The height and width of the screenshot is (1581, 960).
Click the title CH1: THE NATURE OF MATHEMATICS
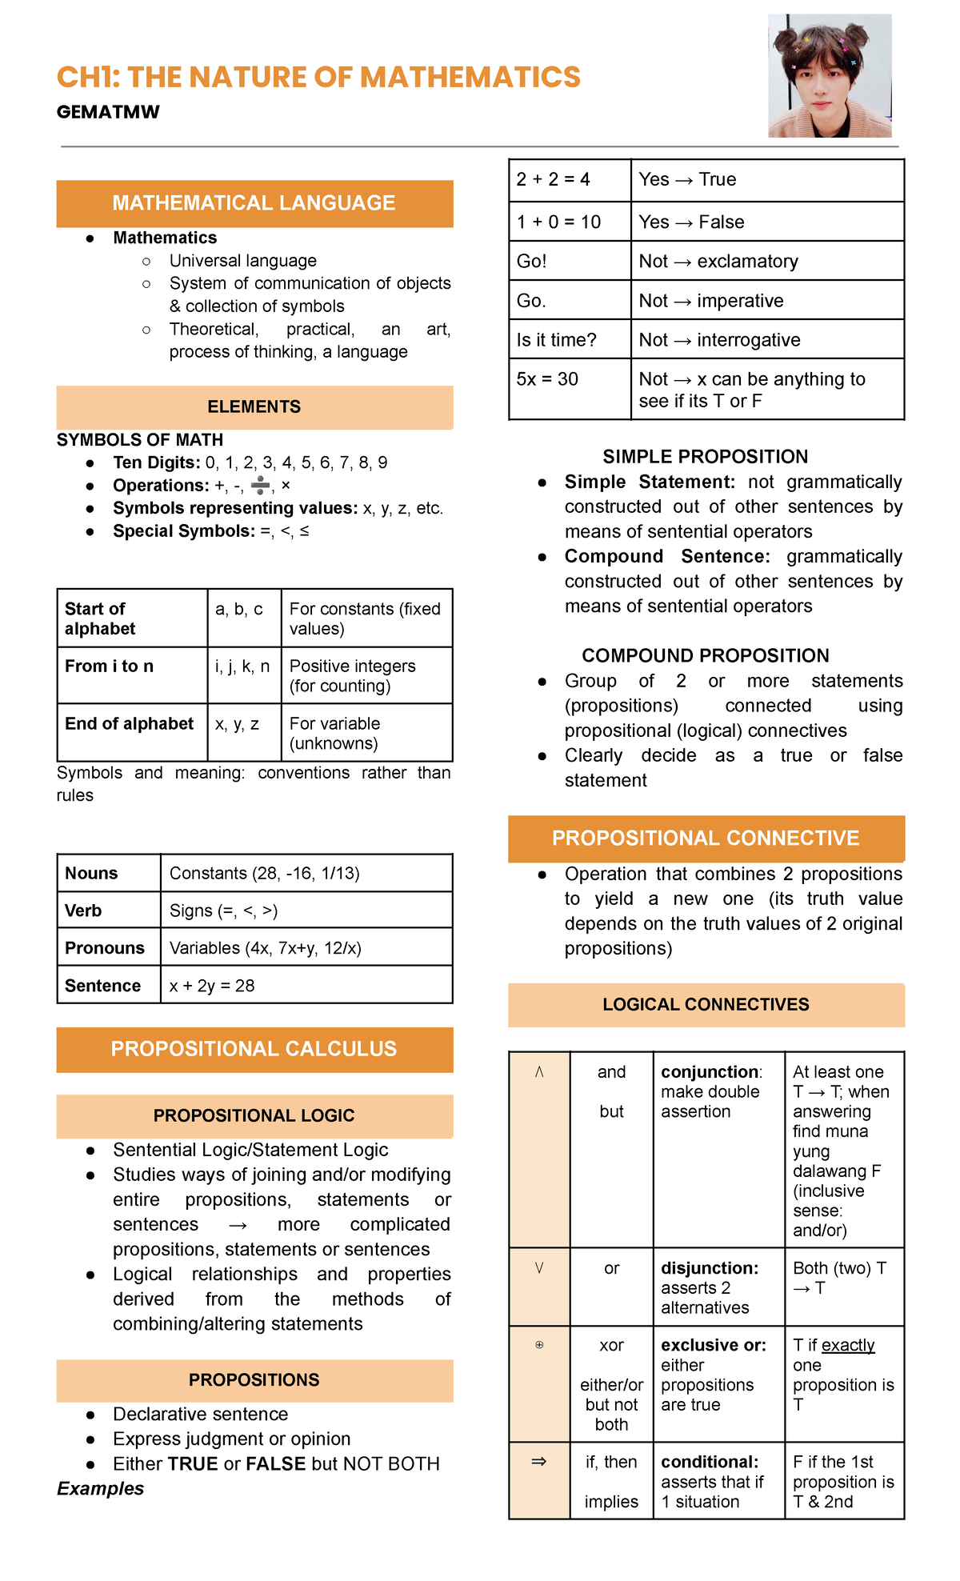pyautogui.click(x=318, y=78)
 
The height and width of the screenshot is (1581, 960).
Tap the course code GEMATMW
pyautogui.click(x=108, y=112)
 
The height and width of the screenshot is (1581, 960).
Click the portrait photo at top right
pyautogui.click(x=830, y=76)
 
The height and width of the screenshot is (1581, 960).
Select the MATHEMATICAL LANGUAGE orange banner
pyautogui.click(x=254, y=203)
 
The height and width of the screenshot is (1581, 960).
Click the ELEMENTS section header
pyautogui.click(x=254, y=407)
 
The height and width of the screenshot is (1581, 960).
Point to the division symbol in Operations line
pyautogui.click(x=260, y=485)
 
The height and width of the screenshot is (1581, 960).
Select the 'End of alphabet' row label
pyautogui.click(x=130, y=724)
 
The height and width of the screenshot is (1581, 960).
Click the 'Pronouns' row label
pyautogui.click(x=105, y=948)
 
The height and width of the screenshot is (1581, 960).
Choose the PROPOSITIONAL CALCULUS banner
pyautogui.click(x=254, y=1049)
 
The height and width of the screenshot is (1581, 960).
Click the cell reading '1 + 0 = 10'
pyautogui.click(x=558, y=222)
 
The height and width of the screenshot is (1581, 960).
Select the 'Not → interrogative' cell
pyautogui.click(x=719, y=340)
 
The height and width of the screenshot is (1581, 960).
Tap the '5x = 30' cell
pyautogui.click(x=547, y=379)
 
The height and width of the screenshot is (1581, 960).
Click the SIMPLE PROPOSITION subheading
pyautogui.click(x=705, y=457)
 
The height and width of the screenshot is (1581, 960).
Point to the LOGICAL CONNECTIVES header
pyautogui.click(x=706, y=1005)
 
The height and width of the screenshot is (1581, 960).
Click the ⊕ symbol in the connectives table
pyautogui.click(x=539, y=1345)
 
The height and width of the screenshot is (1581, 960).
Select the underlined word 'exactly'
pyautogui.click(x=848, y=1346)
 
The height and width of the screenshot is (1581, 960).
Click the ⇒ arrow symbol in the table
pyautogui.click(x=539, y=1462)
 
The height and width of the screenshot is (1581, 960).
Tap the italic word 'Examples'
pyautogui.click(x=101, y=1489)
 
